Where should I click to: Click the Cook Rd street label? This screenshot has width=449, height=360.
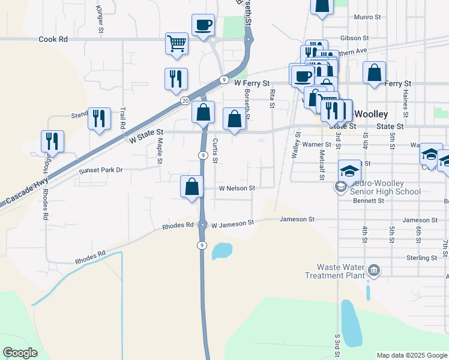[53, 39]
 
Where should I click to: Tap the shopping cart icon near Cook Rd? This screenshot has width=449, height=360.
[177, 43]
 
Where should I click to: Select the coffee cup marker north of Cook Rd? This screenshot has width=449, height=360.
[203, 25]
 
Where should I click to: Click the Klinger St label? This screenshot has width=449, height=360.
[100, 19]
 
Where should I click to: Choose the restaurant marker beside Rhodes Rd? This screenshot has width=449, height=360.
[52, 141]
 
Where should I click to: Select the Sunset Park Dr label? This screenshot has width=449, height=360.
[101, 170]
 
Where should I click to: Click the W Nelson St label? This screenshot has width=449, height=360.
[237, 188]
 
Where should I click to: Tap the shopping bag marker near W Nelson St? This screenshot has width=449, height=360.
[191, 186]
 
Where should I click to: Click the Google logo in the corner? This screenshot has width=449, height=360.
[20, 353]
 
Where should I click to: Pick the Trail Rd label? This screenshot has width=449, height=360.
[123, 118]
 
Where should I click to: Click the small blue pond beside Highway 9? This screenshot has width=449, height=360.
[221, 250]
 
